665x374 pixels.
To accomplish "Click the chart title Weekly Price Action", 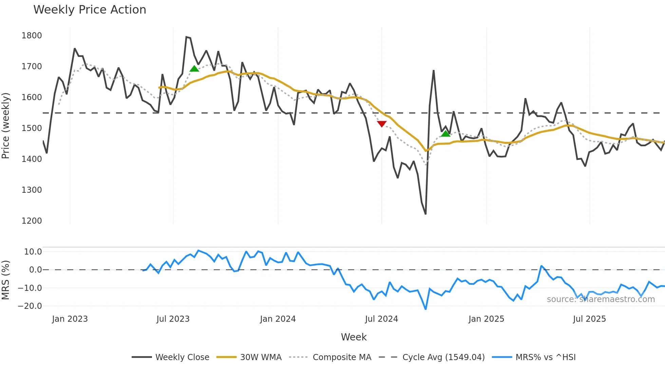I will (x=90, y=10).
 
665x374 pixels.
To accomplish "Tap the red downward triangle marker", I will (x=382, y=124).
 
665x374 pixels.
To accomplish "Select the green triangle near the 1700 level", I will (x=194, y=69).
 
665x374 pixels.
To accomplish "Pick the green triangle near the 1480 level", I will (x=445, y=134).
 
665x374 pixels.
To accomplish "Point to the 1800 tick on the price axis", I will (x=32, y=36).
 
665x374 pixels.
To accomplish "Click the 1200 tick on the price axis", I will (x=32, y=221).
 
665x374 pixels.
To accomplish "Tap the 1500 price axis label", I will (x=32, y=128).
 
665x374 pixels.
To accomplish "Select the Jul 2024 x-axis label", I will (x=381, y=319).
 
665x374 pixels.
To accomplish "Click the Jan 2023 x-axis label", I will (x=70, y=319).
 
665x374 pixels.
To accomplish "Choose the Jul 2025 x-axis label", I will (x=589, y=319).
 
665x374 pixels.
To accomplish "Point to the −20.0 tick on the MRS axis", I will (x=30, y=306).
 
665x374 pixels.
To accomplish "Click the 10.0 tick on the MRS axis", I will (x=33, y=252).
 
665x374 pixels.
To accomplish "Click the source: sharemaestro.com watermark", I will (x=601, y=299).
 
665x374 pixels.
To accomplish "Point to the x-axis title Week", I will (x=354, y=337).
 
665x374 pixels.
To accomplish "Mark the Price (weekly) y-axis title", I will (x=5, y=126).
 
